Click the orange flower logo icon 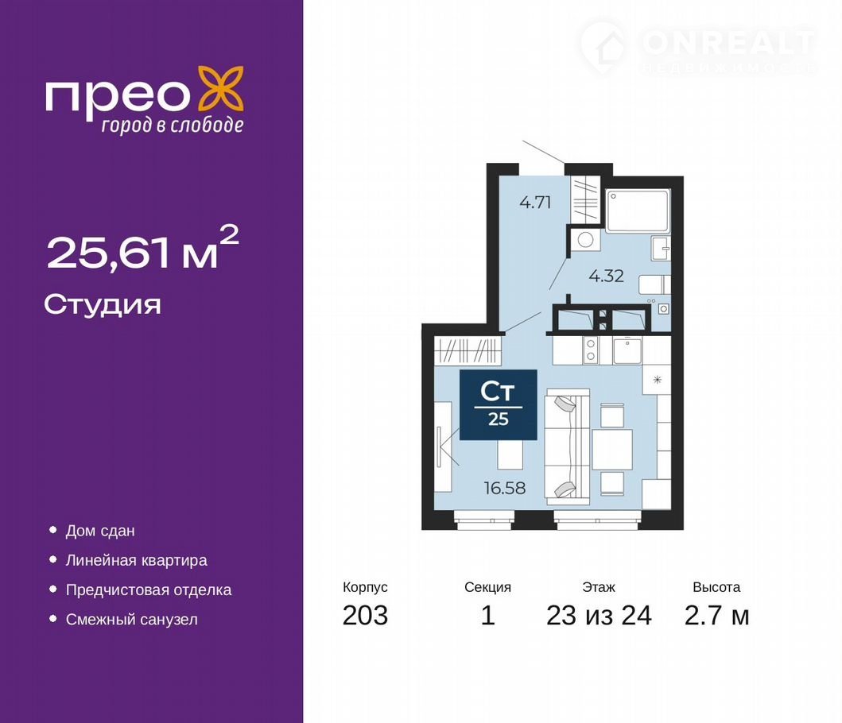coord(221,89)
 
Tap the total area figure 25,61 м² coord(143,249)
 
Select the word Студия coord(103,305)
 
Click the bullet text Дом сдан coord(100,531)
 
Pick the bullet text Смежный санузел coord(131,620)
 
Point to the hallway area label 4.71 coord(535,203)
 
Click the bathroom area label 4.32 coord(607,276)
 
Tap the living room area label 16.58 coord(505,488)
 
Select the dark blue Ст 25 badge coord(498,404)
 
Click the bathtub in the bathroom coord(638,211)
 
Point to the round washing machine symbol coord(585,240)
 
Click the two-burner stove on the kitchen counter coord(591,350)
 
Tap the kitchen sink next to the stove coord(627,350)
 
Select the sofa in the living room coord(568,447)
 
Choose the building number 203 coord(365,615)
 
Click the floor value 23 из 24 coord(599,615)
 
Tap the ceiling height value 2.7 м coord(716,615)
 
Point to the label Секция coord(487,587)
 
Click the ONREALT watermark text coord(728,43)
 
